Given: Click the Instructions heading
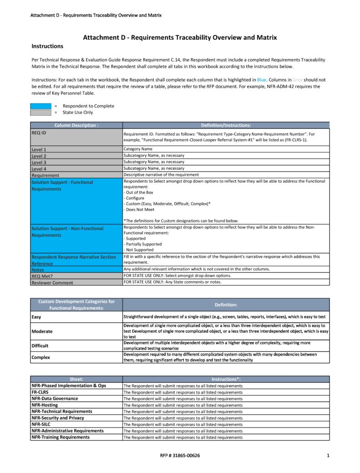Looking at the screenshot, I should point(47,46).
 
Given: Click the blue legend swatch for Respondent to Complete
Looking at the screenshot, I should point(41,106).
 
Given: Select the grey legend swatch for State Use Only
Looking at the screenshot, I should point(41,112).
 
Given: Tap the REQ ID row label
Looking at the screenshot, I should point(39,133).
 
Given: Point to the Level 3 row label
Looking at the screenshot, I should point(39,162).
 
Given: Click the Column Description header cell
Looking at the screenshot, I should point(76,125).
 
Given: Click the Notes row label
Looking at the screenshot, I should point(38,270).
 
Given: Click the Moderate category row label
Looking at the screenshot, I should point(42,331).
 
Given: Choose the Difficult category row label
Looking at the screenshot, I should point(40,346).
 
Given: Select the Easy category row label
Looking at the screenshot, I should point(36,316).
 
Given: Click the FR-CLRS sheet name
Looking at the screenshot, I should point(40,392).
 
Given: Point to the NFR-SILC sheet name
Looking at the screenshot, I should point(41,424).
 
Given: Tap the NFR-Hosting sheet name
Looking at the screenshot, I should point(45,405).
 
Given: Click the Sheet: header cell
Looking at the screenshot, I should point(76,379).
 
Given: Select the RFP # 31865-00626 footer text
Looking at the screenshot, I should point(180,455).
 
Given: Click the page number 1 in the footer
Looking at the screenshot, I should point(328,455).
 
